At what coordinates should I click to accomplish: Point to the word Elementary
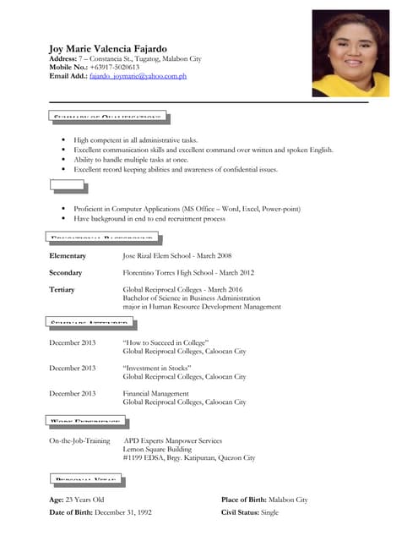(68, 255)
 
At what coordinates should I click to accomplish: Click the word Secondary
(66, 273)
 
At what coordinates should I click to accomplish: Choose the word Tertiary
(62, 290)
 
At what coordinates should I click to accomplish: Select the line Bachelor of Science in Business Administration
(192, 298)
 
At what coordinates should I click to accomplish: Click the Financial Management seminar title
(156, 394)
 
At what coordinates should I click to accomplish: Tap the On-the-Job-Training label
(79, 440)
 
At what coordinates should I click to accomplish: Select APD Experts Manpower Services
(173, 440)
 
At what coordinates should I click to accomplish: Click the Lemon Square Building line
(158, 449)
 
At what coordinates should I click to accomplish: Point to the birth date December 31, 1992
(123, 513)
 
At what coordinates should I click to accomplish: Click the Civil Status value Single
(269, 513)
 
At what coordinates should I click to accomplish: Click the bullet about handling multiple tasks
(131, 160)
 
